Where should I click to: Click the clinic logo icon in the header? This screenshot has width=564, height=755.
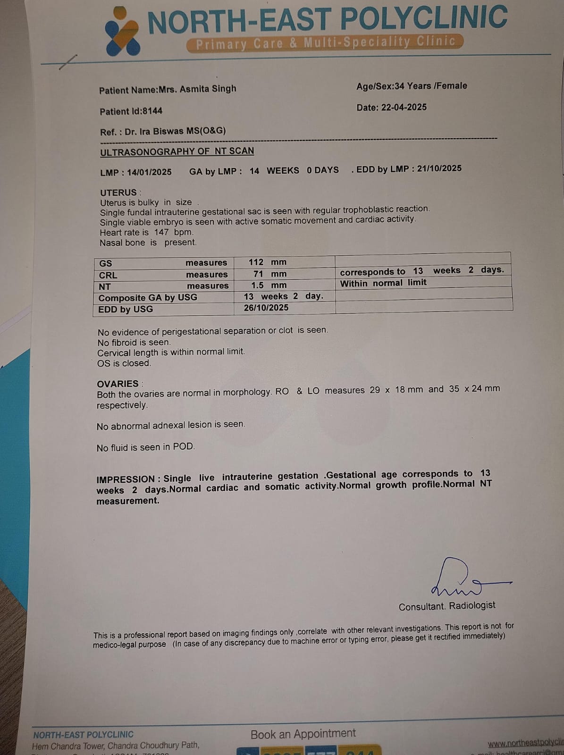122,31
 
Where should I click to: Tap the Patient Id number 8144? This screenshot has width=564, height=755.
152,111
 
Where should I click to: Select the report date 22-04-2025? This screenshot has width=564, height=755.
404,107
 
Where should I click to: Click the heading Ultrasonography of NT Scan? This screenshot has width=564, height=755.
177,151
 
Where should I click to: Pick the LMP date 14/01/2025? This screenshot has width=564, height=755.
149,172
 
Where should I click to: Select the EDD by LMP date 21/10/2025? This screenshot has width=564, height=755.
439,168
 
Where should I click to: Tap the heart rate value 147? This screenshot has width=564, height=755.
161,232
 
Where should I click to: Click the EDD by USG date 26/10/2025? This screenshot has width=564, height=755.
266,308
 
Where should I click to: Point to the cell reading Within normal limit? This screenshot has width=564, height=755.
383,283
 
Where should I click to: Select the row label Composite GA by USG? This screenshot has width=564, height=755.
148,298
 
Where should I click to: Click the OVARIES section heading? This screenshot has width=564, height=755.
118,384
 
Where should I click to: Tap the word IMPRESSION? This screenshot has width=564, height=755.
126,479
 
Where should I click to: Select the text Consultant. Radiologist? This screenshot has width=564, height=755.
447,606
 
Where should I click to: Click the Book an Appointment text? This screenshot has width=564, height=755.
303,734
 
